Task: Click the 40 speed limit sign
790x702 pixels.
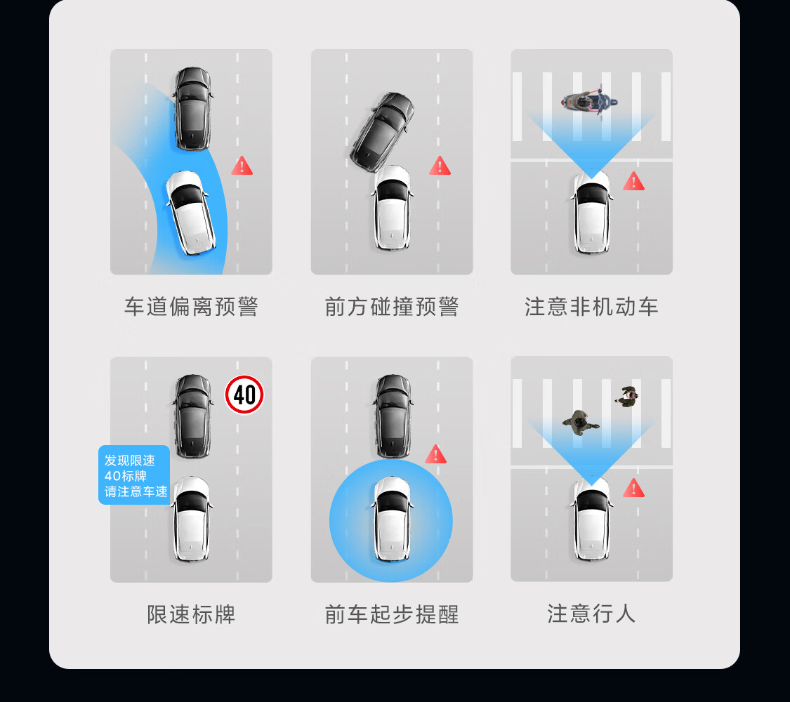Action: (244, 395)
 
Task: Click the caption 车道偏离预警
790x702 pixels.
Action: (191, 307)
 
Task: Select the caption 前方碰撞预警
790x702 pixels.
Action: (392, 307)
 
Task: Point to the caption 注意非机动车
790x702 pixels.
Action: (591, 307)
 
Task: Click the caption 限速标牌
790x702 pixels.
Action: (191, 614)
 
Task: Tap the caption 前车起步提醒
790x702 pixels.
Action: (392, 614)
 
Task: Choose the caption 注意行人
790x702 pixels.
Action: (591, 614)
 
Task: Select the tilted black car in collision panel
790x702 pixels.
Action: (383, 129)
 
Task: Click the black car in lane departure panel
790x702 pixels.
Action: (192, 108)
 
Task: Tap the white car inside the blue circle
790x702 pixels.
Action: (391, 519)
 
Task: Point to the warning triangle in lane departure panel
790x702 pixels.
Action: (242, 166)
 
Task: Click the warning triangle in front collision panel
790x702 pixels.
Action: (440, 166)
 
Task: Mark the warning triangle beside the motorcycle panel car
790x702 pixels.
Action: (633, 182)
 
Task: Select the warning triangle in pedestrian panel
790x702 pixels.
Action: (633, 488)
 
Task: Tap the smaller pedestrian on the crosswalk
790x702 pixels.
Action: (626, 397)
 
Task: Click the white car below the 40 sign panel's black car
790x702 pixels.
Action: (192, 519)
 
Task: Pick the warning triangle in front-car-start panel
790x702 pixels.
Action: (435, 454)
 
